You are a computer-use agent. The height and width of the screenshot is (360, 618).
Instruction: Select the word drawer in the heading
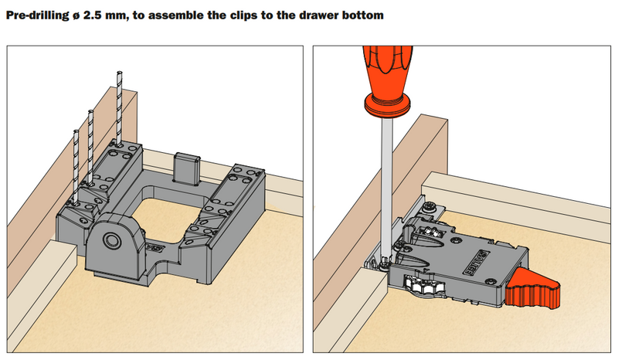pyautogui.click(x=310, y=15)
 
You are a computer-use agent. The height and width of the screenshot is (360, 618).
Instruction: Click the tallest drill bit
pyautogui.click(x=119, y=107)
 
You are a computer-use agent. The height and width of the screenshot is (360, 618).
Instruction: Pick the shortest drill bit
pyautogui.click(x=76, y=166)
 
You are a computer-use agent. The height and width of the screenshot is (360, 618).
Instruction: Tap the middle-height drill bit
pyautogui.click(x=90, y=147)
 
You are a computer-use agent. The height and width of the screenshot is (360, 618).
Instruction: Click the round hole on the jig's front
pyautogui.click(x=110, y=239)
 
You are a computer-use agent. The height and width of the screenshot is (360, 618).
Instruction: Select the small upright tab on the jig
pyautogui.click(x=186, y=168)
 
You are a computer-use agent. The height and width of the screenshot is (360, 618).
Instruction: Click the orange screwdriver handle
pyautogui.click(x=388, y=81)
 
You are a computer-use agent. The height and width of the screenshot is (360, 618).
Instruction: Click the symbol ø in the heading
pyautogui.click(x=76, y=15)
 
